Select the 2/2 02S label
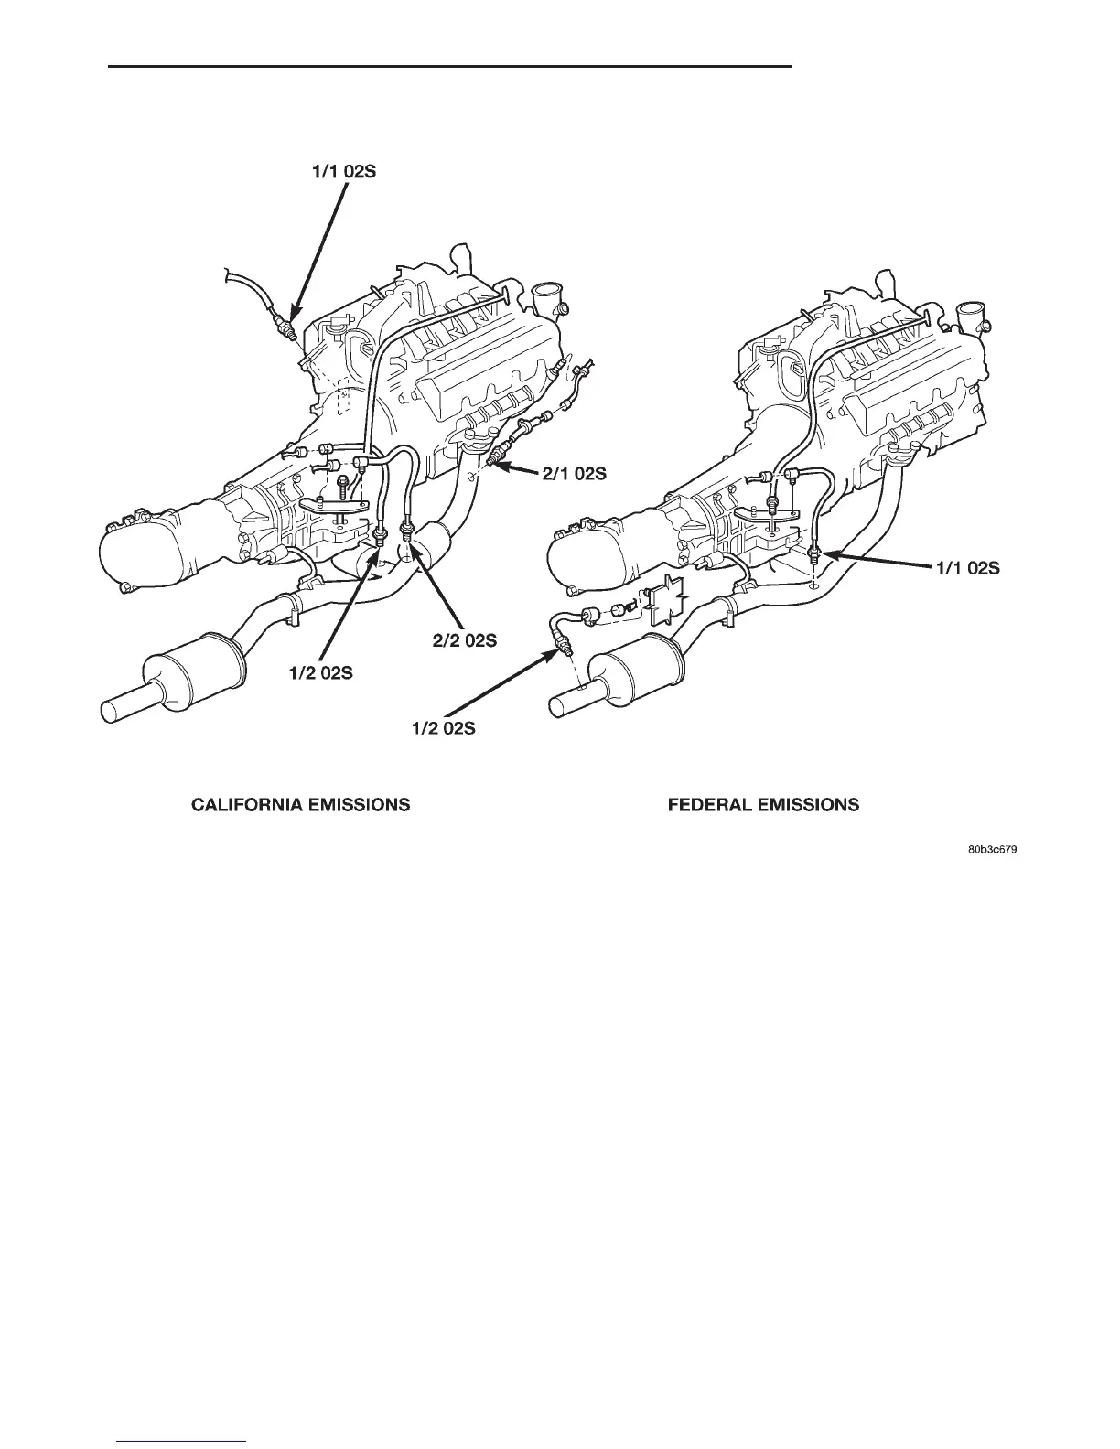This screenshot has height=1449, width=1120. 465,640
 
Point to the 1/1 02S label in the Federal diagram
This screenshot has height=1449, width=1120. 967,568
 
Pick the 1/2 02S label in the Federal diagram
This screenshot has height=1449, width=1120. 444,729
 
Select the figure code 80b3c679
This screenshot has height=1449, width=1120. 993,850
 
